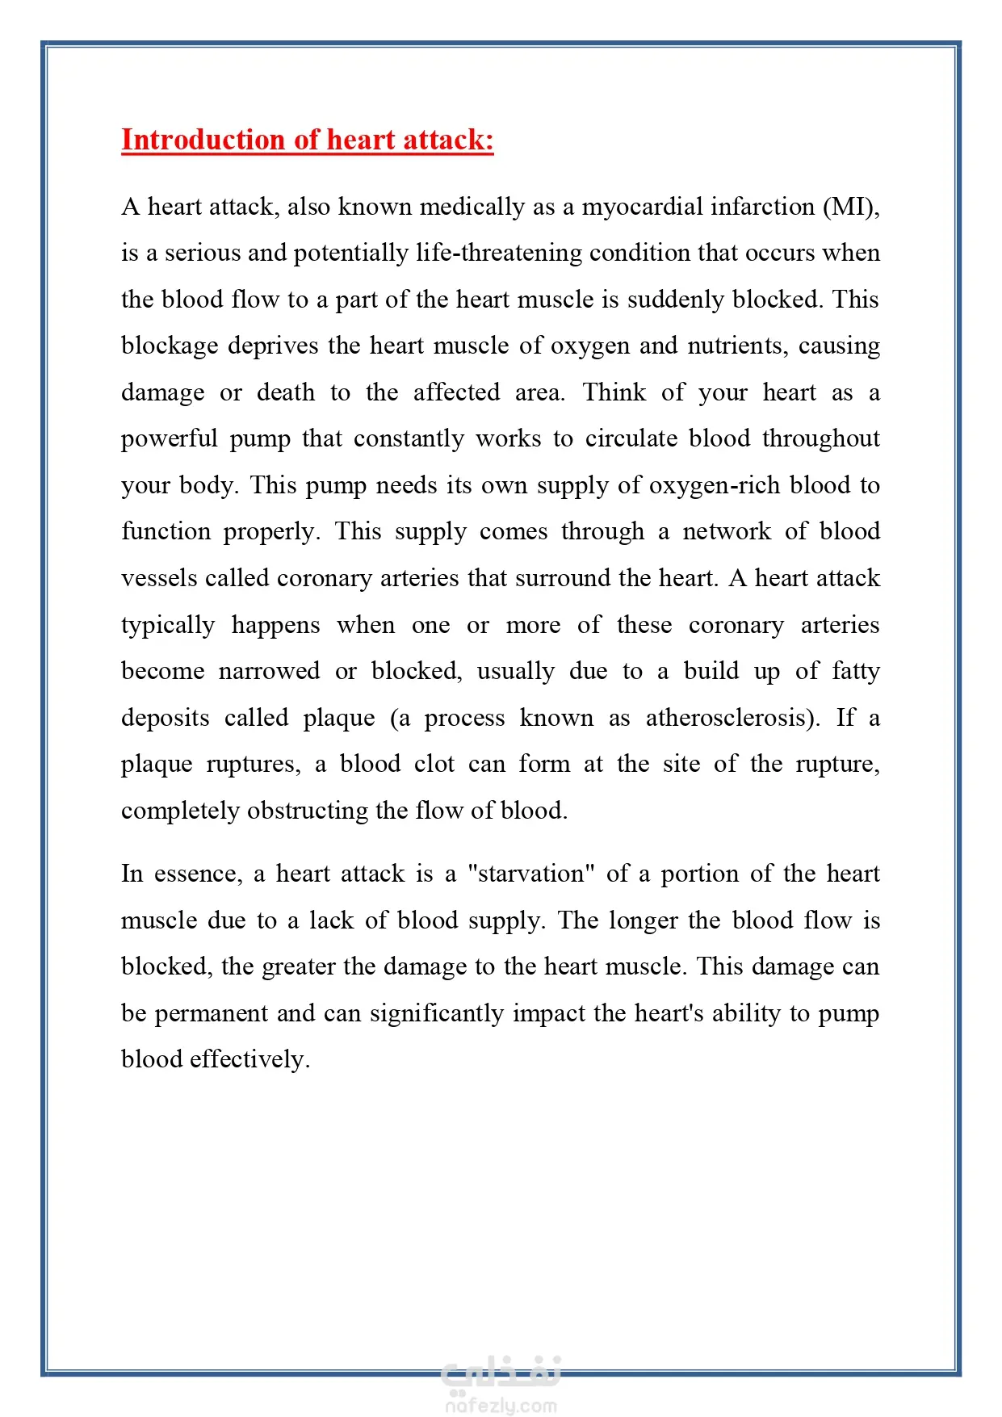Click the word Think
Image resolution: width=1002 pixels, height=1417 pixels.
coord(614,392)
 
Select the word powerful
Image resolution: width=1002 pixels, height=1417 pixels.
coord(170,438)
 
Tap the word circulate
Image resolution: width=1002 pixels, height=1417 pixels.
coord(631,438)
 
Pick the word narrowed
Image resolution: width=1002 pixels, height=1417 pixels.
coord(269,671)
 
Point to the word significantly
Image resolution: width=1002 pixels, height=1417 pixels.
coord(437,1013)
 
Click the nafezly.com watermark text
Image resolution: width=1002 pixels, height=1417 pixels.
coord(501,1406)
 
